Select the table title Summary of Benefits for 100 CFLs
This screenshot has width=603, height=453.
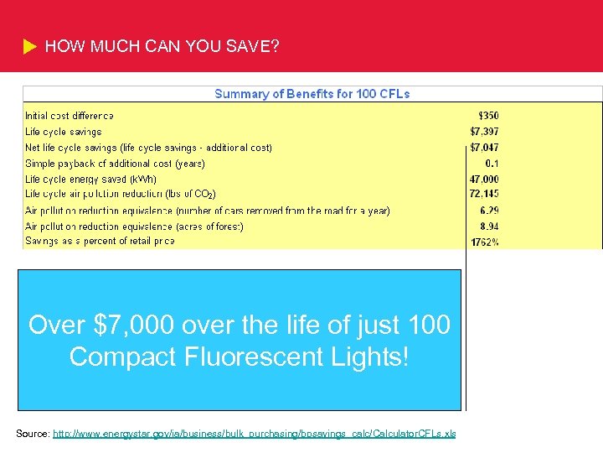coord(312,94)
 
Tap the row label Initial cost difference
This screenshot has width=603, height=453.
coord(70,116)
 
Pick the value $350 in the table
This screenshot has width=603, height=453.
coord(487,116)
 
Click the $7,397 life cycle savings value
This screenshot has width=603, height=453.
coord(484,132)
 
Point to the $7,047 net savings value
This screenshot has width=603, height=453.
coord(484,148)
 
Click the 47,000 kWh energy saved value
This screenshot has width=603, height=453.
coord(483,180)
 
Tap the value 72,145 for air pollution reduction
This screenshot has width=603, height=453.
coord(483,195)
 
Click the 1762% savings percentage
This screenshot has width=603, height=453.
coord(485,242)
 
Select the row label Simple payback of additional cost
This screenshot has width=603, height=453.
coord(115,164)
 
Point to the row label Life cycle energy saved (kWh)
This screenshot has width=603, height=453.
coord(90,180)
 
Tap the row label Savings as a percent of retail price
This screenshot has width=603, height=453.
coord(100,242)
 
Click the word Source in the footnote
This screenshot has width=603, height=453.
coord(32,434)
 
